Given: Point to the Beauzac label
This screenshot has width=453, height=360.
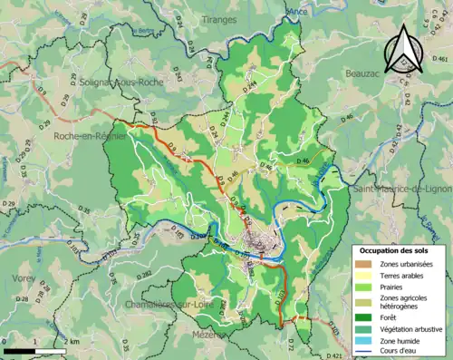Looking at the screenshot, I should pyautogui.click(x=368, y=71).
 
